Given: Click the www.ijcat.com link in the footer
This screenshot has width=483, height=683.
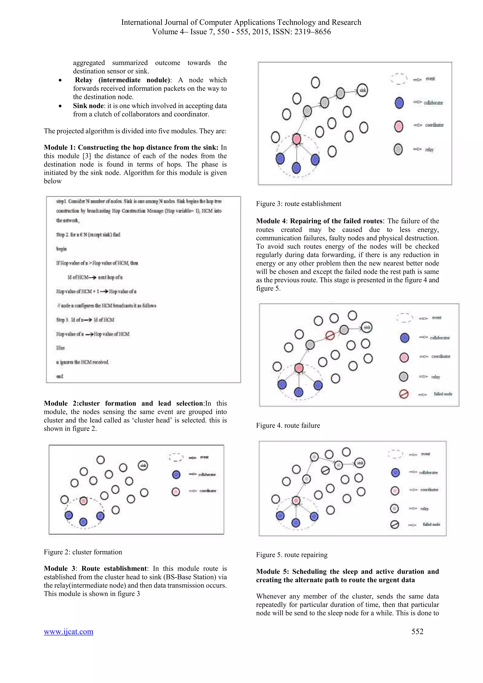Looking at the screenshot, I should pyautogui.click(x=68, y=631).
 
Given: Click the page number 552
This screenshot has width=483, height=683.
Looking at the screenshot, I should pyautogui.click(x=417, y=631).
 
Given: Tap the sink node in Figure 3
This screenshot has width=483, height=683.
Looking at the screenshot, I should pyautogui.click(x=362, y=90).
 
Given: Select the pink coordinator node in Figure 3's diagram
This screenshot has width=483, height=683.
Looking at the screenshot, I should pyautogui.click(x=296, y=139).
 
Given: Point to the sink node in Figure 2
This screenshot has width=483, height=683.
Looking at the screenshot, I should pyautogui.click(x=143, y=466).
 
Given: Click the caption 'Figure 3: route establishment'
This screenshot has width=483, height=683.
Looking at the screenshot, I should pyautogui.click(x=298, y=204).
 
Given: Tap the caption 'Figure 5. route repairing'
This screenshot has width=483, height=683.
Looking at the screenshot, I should pyautogui.click(x=291, y=555).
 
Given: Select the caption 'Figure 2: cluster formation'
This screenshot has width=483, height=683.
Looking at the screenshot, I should pyautogui.click(x=83, y=552).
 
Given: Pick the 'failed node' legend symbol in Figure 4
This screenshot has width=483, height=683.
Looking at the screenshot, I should pyautogui.click(x=404, y=394).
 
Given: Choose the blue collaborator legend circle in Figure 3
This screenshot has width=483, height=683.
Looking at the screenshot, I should pyautogui.click(x=399, y=103).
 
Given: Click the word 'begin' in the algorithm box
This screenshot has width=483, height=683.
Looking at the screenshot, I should pyautogui.click(x=61, y=249).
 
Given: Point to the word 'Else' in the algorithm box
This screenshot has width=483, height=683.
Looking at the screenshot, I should pyautogui.click(x=60, y=348).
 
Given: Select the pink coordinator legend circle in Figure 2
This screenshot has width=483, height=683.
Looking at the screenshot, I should pyautogui.click(x=176, y=491).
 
